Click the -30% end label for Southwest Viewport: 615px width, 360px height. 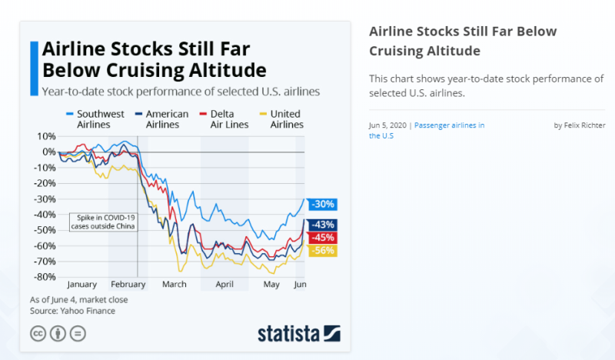pos(323,205)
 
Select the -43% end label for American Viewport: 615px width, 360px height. pos(323,225)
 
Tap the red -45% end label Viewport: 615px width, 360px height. pos(323,237)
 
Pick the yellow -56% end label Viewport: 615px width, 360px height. pos(323,251)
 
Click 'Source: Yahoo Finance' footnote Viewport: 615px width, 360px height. pos(72,311)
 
